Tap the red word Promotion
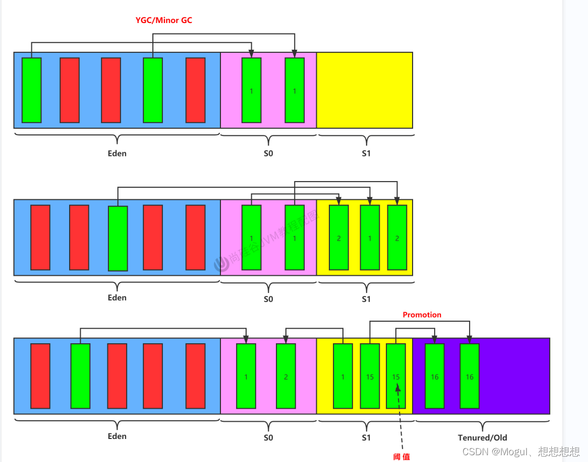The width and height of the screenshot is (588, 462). (x=421, y=315)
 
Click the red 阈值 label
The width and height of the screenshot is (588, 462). (x=402, y=457)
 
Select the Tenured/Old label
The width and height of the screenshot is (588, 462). (x=482, y=437)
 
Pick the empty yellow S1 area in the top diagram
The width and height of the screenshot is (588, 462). (x=364, y=90)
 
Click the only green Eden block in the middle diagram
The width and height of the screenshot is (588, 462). (x=118, y=239)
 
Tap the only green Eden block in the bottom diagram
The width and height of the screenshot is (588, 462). (x=80, y=376)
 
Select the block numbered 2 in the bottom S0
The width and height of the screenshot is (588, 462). (x=286, y=376)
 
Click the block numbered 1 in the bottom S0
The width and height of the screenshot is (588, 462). (x=246, y=376)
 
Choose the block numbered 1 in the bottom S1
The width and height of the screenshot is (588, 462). (x=343, y=376)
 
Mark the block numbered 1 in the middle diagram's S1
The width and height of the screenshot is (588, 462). (x=370, y=238)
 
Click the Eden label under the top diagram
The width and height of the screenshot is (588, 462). (x=117, y=153)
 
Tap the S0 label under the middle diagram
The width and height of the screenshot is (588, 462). (x=268, y=299)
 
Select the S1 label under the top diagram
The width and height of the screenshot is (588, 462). (x=366, y=154)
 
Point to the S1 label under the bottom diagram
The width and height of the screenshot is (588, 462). (x=366, y=438)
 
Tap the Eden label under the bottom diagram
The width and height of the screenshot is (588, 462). (x=117, y=436)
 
